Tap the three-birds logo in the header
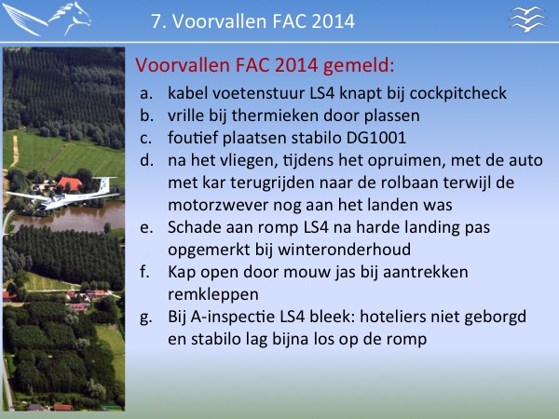(x=527, y=19)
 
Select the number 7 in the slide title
(x=156, y=21)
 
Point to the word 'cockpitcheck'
(x=457, y=93)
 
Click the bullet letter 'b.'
(x=146, y=115)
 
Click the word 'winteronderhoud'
(x=344, y=250)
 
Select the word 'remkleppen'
(x=212, y=295)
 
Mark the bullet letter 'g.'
(x=146, y=318)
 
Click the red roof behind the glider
(x=69, y=183)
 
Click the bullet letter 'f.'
(x=144, y=272)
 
